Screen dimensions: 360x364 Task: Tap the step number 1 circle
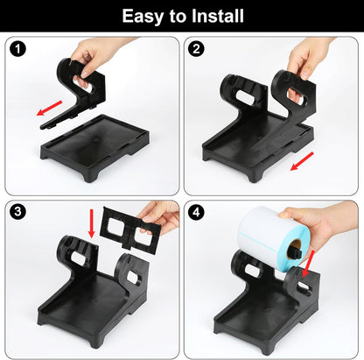pos(17,49)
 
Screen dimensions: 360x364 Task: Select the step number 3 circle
pos(17,212)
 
